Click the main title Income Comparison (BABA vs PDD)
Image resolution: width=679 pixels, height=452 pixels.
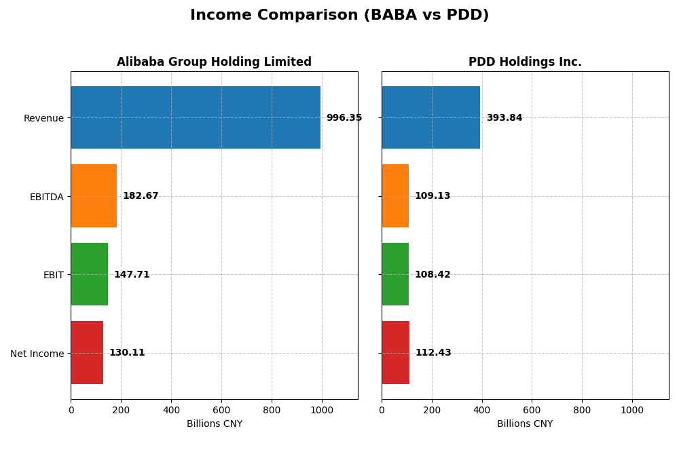[339, 15]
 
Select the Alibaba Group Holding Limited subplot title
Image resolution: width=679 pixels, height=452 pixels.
[214, 62]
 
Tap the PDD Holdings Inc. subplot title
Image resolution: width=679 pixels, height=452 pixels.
[525, 62]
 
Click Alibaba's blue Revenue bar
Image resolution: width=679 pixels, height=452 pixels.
[196, 117]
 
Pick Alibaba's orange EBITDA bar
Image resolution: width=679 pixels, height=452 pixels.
[94, 196]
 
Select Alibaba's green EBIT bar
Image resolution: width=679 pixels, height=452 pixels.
[89, 274]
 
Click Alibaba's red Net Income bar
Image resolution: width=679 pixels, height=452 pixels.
[87, 353]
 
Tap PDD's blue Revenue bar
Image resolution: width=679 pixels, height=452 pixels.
[430, 117]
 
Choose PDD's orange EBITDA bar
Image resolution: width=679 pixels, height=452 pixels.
[395, 196]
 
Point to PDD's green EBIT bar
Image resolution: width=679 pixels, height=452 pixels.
[395, 274]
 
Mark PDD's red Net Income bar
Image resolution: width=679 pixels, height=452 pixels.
[395, 353]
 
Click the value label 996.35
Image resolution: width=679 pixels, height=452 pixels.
[344, 118]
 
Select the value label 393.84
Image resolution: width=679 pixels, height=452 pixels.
[504, 118]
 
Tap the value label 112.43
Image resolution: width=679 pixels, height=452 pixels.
[433, 353]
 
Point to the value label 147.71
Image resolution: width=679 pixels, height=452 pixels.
[132, 275]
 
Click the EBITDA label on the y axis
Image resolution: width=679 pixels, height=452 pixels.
[46, 197]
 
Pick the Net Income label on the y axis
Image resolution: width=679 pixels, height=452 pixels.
[37, 354]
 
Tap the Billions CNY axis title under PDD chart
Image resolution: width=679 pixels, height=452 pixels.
[525, 424]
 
